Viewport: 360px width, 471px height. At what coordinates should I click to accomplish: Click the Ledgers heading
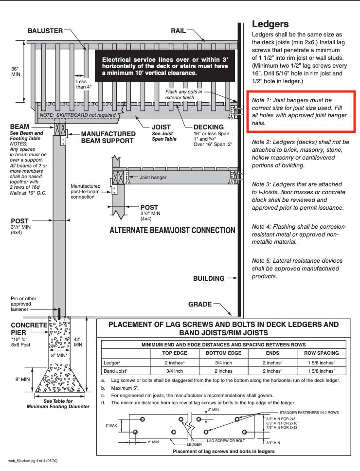pos(270,24)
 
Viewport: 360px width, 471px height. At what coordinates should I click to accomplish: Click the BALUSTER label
pos(45,31)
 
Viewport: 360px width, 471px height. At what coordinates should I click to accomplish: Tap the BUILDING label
pos(209,279)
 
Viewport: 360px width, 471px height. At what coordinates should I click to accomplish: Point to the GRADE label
pos(200,305)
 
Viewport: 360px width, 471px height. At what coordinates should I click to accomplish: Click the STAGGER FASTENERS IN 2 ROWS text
pos(306,412)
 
